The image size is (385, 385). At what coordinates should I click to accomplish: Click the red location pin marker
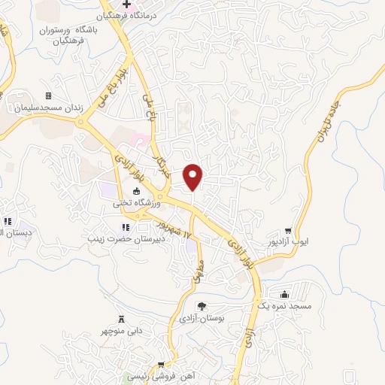(x=194, y=176)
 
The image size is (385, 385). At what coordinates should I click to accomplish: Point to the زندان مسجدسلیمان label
(x=47, y=108)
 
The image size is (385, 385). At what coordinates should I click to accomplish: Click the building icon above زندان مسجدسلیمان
(x=49, y=95)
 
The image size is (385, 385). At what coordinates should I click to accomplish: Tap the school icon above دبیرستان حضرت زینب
(x=125, y=228)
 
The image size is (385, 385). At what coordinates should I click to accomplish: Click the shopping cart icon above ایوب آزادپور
(x=288, y=230)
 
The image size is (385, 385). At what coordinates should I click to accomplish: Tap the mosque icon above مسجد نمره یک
(x=283, y=295)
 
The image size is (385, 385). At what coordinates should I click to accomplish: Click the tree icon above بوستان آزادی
(x=202, y=305)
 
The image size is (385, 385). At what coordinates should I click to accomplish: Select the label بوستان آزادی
(x=200, y=318)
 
